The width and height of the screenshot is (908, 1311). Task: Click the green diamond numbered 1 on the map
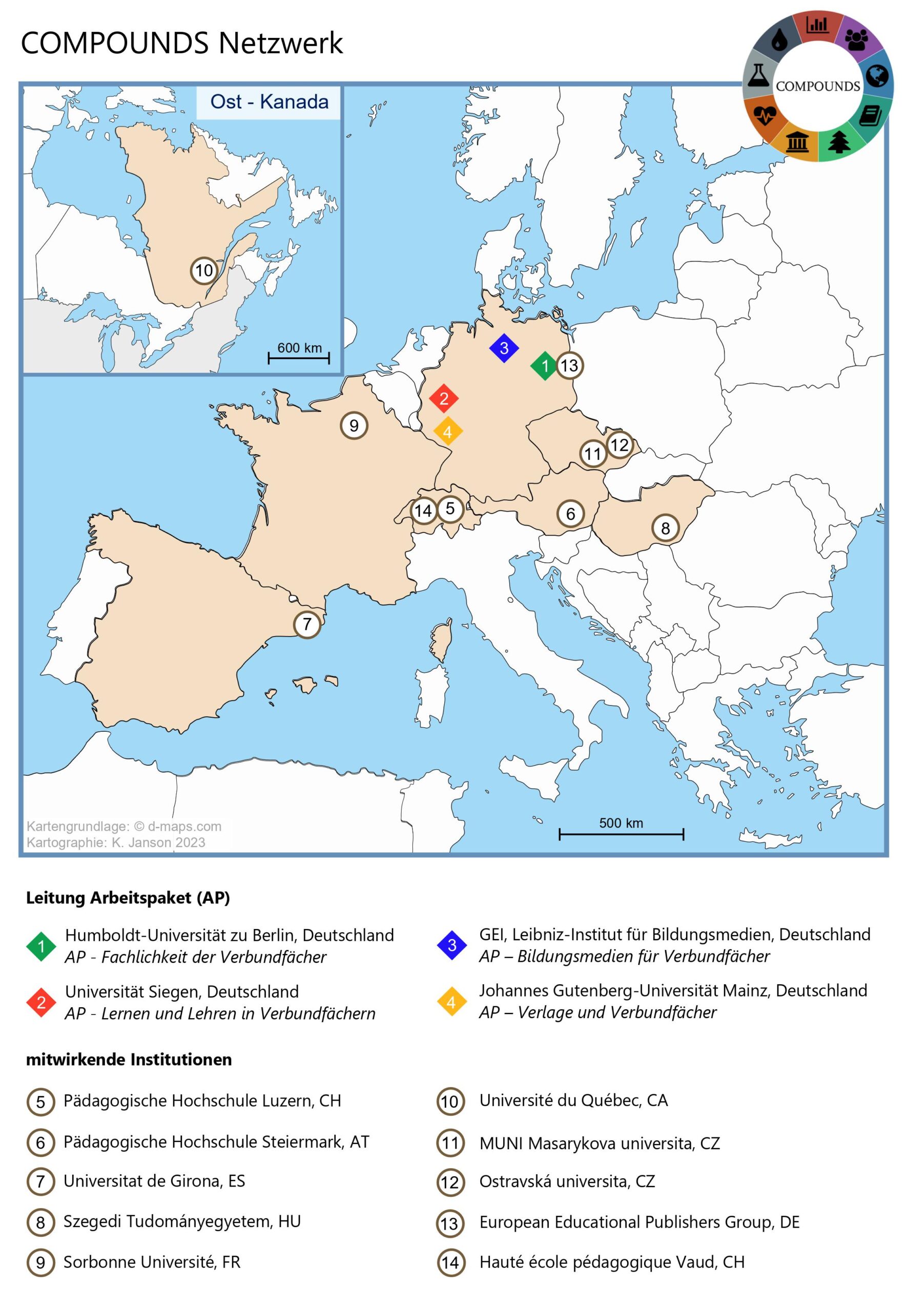[x=545, y=366]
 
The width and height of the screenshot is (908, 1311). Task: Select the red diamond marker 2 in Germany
[x=444, y=398]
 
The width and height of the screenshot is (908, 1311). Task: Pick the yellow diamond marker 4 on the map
[x=448, y=432]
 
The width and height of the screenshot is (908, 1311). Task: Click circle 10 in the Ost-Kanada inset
[x=203, y=270]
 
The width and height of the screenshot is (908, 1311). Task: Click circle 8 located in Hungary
[x=665, y=528]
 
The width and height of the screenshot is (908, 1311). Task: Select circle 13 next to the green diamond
[x=569, y=366]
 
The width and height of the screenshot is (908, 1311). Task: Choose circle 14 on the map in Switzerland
[x=423, y=511]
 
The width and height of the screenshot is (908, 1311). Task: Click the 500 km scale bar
[x=621, y=834]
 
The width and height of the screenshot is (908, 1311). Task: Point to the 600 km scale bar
[x=299, y=357]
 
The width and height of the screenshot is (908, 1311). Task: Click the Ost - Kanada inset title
[x=269, y=102]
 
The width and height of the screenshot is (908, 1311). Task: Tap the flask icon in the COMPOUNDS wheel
[x=758, y=75]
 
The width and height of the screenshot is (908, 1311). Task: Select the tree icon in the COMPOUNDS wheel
[x=839, y=142]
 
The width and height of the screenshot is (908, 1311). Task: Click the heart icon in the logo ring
[x=765, y=116]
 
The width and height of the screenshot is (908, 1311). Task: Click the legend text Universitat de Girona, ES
[x=154, y=1181]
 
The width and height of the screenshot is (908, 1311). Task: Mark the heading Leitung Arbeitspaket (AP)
[x=128, y=898]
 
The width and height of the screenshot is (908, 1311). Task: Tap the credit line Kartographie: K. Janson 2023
[x=115, y=842]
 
